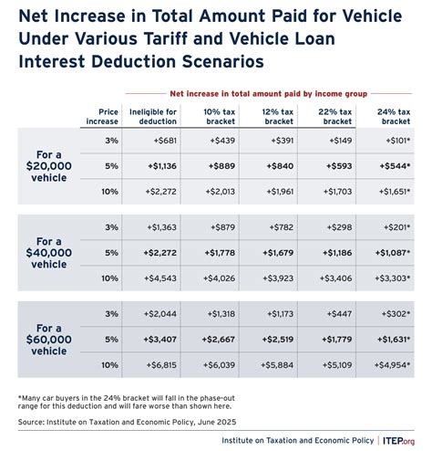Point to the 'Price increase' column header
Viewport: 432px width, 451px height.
tap(102, 114)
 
